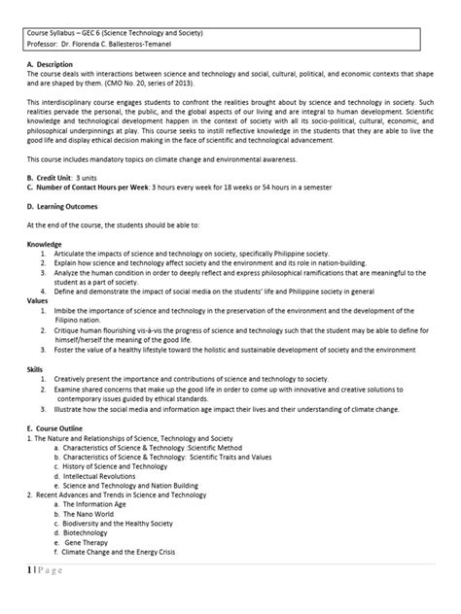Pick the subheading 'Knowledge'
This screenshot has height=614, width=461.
pos(45,272)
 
